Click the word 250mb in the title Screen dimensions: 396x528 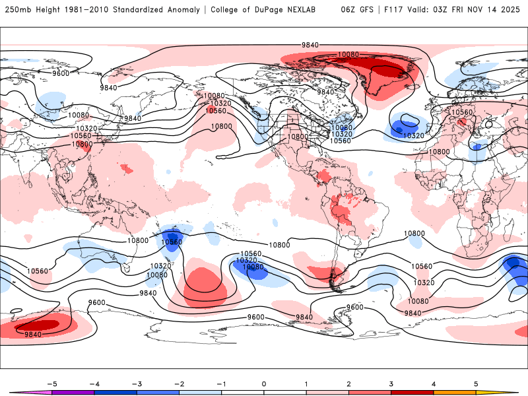tap(16, 10)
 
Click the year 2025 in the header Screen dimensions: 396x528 tap(510, 10)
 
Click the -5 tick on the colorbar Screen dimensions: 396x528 tap(51, 383)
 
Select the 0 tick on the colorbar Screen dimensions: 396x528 tap(263, 383)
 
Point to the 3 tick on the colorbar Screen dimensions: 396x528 tap(391, 383)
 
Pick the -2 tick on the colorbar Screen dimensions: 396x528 tap(178, 383)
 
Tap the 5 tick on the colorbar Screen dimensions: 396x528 tap(476, 383)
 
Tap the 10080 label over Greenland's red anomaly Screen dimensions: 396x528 tap(348, 54)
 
